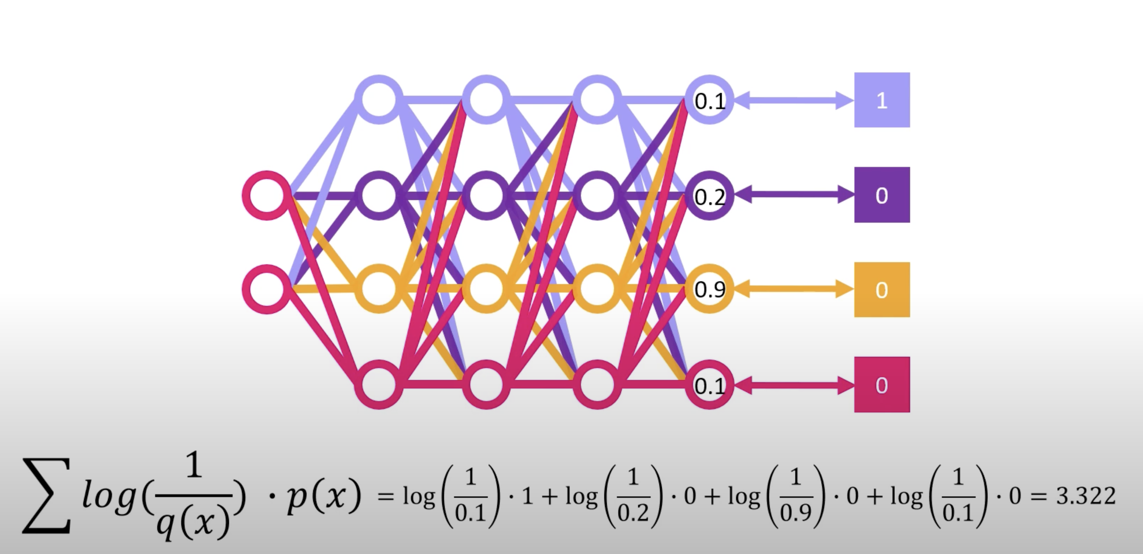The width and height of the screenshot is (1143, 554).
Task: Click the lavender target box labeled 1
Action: pyautogui.click(x=882, y=100)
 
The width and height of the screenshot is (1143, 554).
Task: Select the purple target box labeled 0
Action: pyautogui.click(x=882, y=195)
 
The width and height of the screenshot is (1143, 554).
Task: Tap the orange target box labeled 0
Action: pyautogui.click(x=882, y=290)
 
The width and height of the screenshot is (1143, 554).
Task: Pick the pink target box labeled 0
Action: pyautogui.click(x=882, y=385)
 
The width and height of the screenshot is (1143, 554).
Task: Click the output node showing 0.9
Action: pyautogui.click(x=709, y=289)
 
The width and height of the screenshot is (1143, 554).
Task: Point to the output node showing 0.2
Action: pyautogui.click(x=709, y=195)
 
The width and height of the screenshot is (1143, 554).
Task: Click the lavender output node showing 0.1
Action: pyautogui.click(x=709, y=100)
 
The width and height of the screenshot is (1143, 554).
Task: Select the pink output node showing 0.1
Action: pyautogui.click(x=709, y=385)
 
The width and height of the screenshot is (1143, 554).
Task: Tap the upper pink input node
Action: pyautogui.click(x=266, y=195)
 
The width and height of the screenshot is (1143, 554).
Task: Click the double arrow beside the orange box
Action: pyautogui.click(x=793, y=290)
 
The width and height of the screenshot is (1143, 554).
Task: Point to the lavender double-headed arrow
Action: pyautogui.click(x=793, y=100)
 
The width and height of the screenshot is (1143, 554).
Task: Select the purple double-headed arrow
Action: pyautogui.click(x=793, y=195)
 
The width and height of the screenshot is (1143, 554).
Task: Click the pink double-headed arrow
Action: pyautogui.click(x=793, y=386)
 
